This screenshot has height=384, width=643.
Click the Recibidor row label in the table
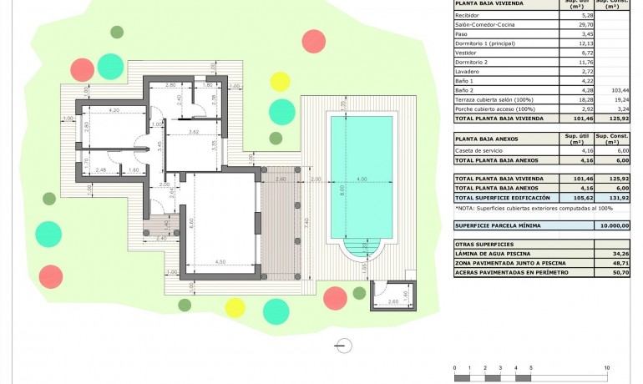(468, 15)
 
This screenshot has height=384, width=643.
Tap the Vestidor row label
(468, 52)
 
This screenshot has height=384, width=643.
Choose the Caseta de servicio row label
(481, 149)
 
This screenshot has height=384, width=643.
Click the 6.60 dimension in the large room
(191, 222)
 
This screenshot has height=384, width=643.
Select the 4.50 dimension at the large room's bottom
(220, 262)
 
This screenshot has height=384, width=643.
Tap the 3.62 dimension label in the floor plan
(193, 132)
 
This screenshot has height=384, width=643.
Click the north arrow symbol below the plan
(341, 343)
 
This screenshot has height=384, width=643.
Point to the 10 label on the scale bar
(606, 367)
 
